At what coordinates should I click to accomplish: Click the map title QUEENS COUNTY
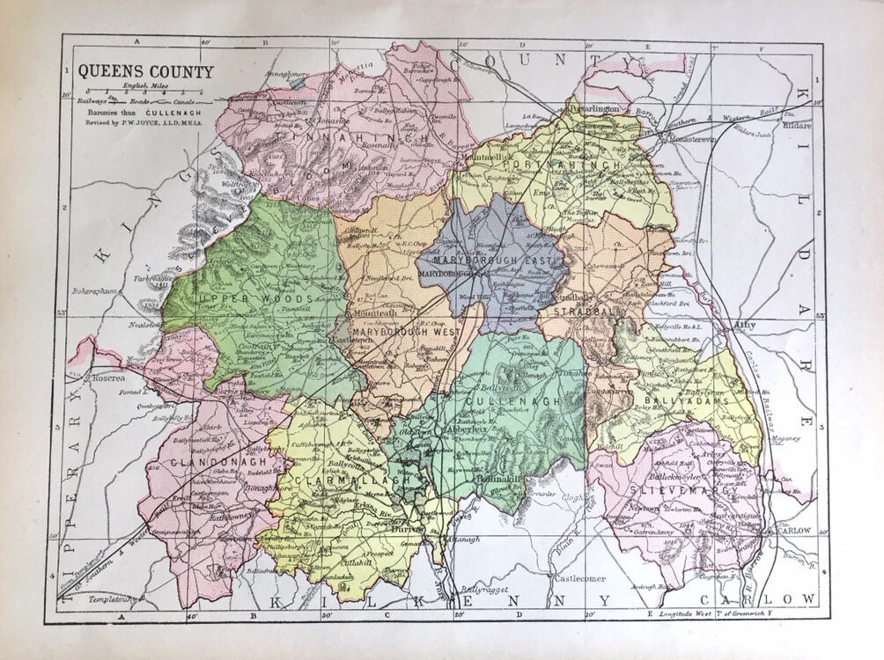coord(146,72)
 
